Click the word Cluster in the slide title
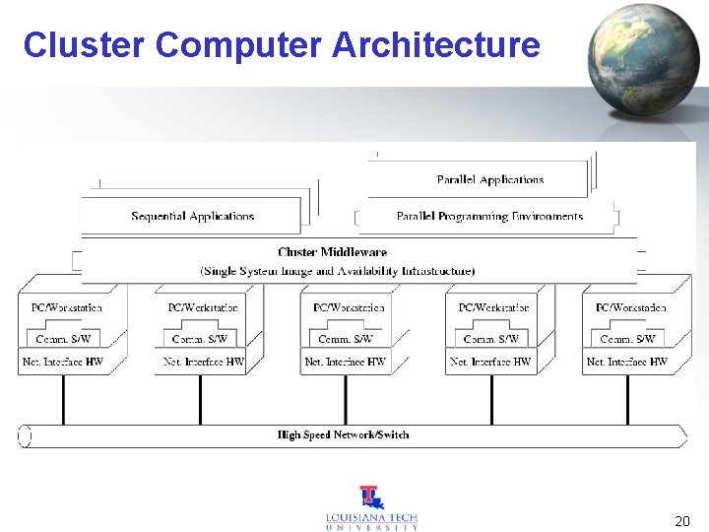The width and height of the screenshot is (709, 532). pyautogui.click(x=84, y=44)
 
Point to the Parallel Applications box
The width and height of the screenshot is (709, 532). pyautogui.click(x=489, y=179)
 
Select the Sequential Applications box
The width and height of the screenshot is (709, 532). pyautogui.click(x=192, y=216)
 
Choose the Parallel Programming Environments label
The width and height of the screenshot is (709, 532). pyautogui.click(x=489, y=216)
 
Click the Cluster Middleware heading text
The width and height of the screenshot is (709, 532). pyautogui.click(x=332, y=252)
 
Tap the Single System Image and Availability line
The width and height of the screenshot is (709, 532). pyautogui.click(x=337, y=270)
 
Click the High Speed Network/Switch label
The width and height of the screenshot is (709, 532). pyautogui.click(x=343, y=434)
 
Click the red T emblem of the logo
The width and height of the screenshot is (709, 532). pyautogui.click(x=371, y=497)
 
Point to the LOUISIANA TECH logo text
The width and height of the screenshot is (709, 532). pyautogui.click(x=371, y=517)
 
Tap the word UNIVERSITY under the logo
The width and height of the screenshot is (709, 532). pyautogui.click(x=371, y=528)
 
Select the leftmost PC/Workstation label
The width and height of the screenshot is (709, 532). pyautogui.click(x=66, y=307)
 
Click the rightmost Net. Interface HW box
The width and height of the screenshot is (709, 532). pyautogui.click(x=626, y=362)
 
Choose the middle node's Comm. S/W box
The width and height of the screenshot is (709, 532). pyautogui.click(x=346, y=339)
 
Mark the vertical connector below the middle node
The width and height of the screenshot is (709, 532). pyautogui.click(x=345, y=399)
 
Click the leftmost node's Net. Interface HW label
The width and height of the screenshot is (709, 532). pyautogui.click(x=62, y=362)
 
